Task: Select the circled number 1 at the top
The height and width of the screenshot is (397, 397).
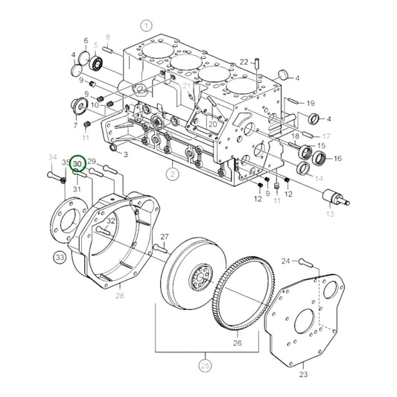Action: click(x=147, y=25)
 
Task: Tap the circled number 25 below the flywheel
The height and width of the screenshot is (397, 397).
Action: click(x=205, y=365)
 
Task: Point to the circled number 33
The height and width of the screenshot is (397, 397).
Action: click(x=60, y=258)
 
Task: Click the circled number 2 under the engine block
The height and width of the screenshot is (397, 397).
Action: click(x=173, y=175)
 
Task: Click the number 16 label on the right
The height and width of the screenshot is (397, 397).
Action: click(x=337, y=159)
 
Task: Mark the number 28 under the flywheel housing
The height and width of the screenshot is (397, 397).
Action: click(x=119, y=296)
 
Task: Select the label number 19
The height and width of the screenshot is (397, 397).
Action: click(x=311, y=104)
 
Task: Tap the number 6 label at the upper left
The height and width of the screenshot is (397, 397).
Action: click(x=86, y=40)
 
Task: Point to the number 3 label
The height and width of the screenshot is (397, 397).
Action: click(x=126, y=155)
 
